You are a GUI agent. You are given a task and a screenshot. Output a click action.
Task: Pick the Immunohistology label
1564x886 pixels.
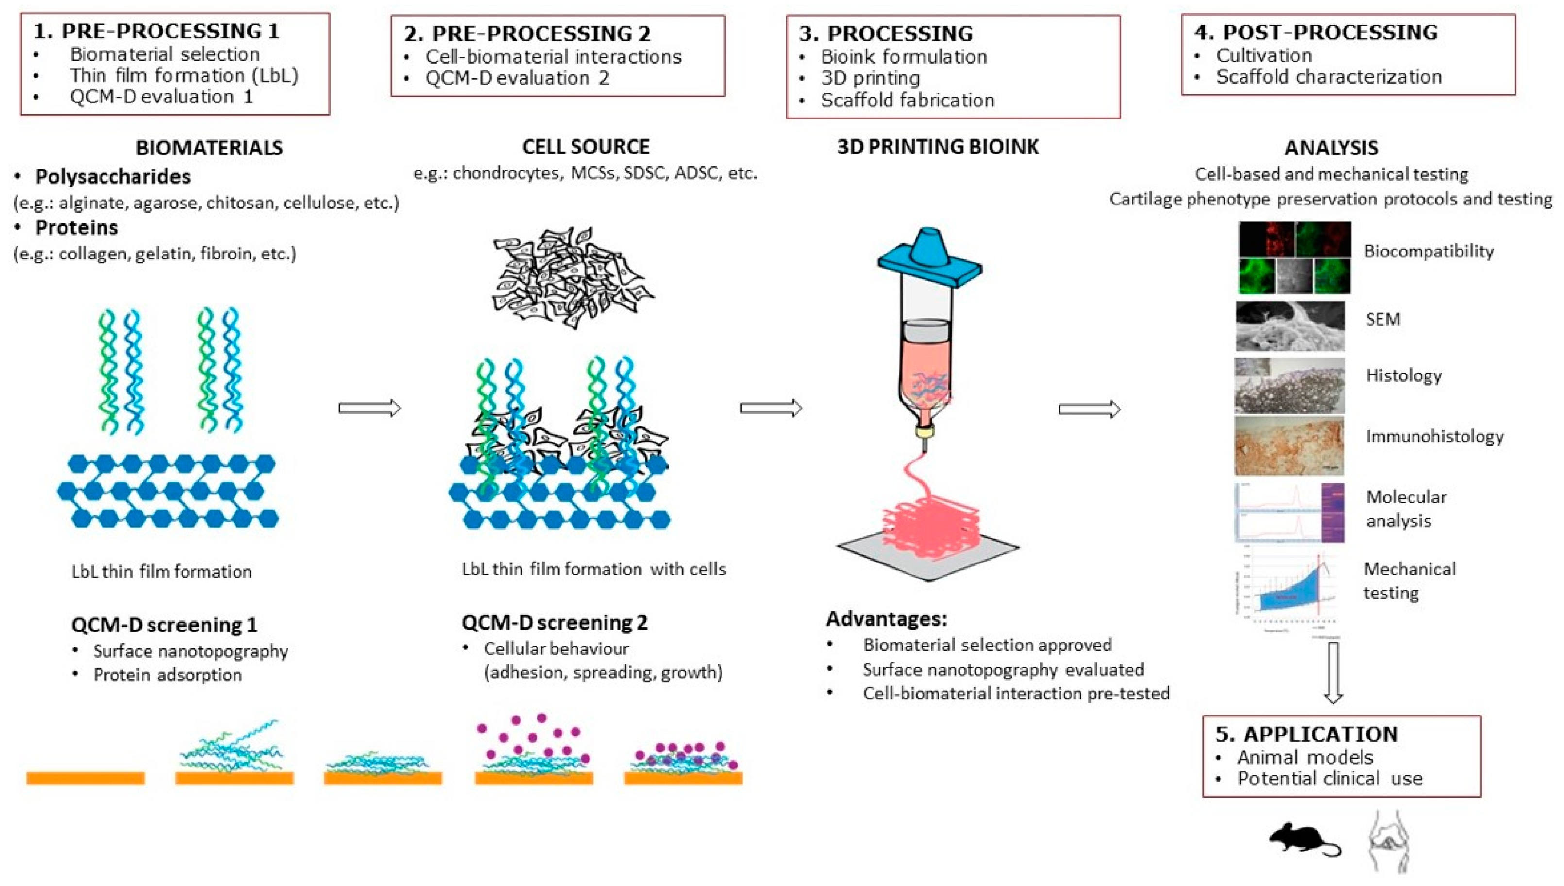pos(1434,436)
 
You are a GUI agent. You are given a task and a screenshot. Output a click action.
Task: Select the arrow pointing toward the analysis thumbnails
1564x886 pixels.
pos(1089,409)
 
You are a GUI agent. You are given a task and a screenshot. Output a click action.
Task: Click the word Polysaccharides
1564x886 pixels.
pos(113,176)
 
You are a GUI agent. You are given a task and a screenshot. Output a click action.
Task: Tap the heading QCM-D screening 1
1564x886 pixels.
pos(164,625)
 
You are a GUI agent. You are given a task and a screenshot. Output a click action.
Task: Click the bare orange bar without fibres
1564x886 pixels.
pos(85,778)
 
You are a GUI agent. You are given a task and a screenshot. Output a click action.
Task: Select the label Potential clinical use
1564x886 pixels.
pos(1329,779)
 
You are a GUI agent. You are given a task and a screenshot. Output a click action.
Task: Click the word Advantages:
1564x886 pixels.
pos(887,619)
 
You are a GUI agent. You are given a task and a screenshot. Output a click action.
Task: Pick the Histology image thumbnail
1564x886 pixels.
pos(1289,386)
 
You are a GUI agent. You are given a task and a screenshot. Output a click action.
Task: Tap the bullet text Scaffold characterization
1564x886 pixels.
pos(1329,77)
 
